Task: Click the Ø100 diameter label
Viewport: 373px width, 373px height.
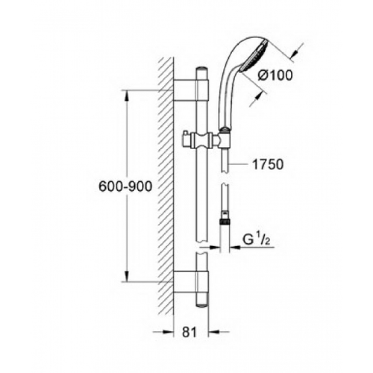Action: pyautogui.click(x=275, y=76)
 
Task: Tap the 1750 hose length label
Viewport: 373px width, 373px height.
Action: pyautogui.click(x=268, y=165)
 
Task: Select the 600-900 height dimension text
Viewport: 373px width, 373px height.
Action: pyautogui.click(x=125, y=186)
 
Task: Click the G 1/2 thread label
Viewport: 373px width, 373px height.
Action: pyautogui.click(x=256, y=240)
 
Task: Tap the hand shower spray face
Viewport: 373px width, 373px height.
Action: pyautogui.click(x=254, y=56)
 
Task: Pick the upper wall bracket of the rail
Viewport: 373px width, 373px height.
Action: pyautogui.click(x=191, y=90)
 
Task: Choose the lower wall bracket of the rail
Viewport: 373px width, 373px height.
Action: pyautogui.click(x=191, y=281)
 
